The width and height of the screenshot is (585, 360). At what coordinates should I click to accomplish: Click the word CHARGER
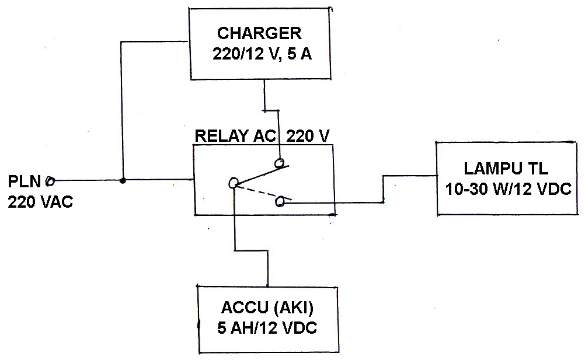pos(259,33)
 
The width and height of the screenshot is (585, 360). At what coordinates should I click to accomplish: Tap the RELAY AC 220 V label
pos(262,136)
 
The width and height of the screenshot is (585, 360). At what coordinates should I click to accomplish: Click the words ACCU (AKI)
pos(268,308)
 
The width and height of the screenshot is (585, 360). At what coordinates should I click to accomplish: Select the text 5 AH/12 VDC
pos(268,328)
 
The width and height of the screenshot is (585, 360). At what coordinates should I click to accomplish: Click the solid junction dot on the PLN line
pos(123,180)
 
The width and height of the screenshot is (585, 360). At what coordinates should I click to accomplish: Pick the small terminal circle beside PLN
pos(50,180)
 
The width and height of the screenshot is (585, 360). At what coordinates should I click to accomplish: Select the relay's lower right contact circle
pos(280,202)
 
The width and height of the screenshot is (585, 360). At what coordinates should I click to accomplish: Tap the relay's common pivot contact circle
pos(233,183)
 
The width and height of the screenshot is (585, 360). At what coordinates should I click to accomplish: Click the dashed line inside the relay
pos(257,193)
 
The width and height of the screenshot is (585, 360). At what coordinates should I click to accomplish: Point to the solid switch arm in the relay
pos(260,174)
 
